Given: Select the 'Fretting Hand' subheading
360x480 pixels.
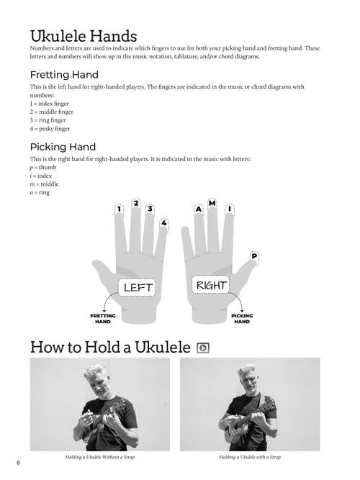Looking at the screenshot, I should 64,74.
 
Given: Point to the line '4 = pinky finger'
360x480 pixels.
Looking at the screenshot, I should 50,130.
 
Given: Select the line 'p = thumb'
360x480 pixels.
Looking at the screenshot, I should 44,167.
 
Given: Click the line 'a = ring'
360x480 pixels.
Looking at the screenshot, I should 40,193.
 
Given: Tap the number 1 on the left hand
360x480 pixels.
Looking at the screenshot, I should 119,210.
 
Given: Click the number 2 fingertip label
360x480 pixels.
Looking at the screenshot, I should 136,204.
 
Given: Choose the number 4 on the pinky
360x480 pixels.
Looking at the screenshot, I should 164,223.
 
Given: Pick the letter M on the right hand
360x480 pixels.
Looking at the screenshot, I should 212,204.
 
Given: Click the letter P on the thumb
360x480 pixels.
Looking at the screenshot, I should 254,255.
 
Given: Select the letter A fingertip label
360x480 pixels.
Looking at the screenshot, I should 198,209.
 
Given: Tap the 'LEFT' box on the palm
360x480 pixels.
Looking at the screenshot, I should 139,288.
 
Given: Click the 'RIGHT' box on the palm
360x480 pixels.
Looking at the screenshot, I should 211,286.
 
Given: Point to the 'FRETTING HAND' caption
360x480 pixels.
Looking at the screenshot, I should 103,318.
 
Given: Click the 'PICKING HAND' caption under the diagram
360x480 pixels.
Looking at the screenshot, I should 242,318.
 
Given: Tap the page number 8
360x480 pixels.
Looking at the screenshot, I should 8,461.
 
